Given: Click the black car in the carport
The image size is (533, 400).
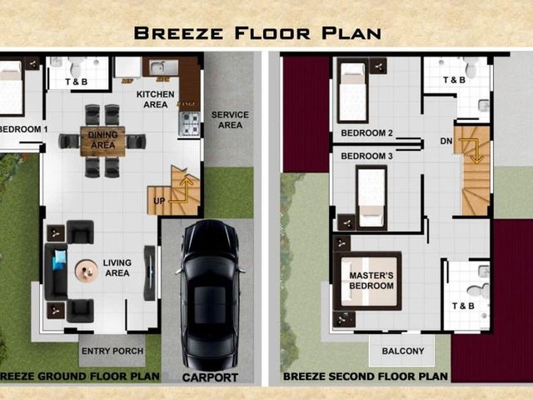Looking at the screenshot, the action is (x=210, y=295).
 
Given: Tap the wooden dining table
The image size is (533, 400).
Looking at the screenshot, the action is (x=102, y=141).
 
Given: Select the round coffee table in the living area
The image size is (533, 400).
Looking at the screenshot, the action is (x=86, y=271).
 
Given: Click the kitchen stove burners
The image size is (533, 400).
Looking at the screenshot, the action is (x=189, y=124).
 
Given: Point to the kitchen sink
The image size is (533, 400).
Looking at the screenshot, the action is (x=163, y=67).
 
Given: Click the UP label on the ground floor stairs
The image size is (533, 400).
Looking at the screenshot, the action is (x=159, y=201).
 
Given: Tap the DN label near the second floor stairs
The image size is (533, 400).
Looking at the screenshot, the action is (x=446, y=141).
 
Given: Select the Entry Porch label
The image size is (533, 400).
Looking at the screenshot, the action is (x=112, y=351).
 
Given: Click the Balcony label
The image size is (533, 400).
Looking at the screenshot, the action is (x=403, y=351).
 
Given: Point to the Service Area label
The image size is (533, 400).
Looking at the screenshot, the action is (x=230, y=120).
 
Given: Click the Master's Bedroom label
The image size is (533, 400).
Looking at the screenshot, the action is (x=371, y=281).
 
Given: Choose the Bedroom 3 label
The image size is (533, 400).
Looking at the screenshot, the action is (x=366, y=156).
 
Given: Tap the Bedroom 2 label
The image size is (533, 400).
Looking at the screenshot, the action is (x=366, y=133).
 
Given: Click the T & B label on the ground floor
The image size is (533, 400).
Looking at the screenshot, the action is (x=76, y=82).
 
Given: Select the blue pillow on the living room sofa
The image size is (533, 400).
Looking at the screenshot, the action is (x=59, y=259).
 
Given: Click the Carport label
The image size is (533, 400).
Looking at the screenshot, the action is (x=210, y=377).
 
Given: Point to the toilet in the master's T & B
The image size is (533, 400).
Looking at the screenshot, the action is (x=479, y=291).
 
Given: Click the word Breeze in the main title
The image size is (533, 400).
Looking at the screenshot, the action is (x=178, y=33).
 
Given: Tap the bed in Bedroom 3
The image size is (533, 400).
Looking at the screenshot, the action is (x=371, y=197).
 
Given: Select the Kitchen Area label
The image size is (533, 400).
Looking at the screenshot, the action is (x=156, y=99).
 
